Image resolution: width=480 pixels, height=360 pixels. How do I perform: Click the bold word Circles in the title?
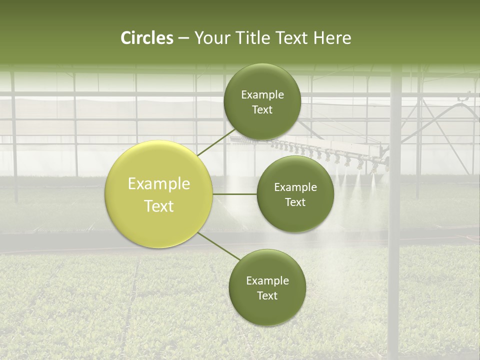point(146,38)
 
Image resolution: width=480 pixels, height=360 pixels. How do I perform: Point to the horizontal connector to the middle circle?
point(235,194)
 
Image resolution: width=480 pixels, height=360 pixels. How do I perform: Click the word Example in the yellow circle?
point(159,184)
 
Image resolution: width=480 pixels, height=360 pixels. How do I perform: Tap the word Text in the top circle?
point(262,110)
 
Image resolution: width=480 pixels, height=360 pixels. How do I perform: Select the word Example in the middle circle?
point(295,187)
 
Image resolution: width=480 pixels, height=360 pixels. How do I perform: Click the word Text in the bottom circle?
point(267,296)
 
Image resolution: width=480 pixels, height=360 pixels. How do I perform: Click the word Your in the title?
point(210,38)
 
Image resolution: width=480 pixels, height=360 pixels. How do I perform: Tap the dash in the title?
point(183,38)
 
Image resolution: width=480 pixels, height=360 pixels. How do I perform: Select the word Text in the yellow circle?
point(159,206)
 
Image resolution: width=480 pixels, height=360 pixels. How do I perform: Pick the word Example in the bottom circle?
point(267,281)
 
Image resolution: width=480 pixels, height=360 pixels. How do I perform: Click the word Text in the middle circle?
point(295,202)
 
